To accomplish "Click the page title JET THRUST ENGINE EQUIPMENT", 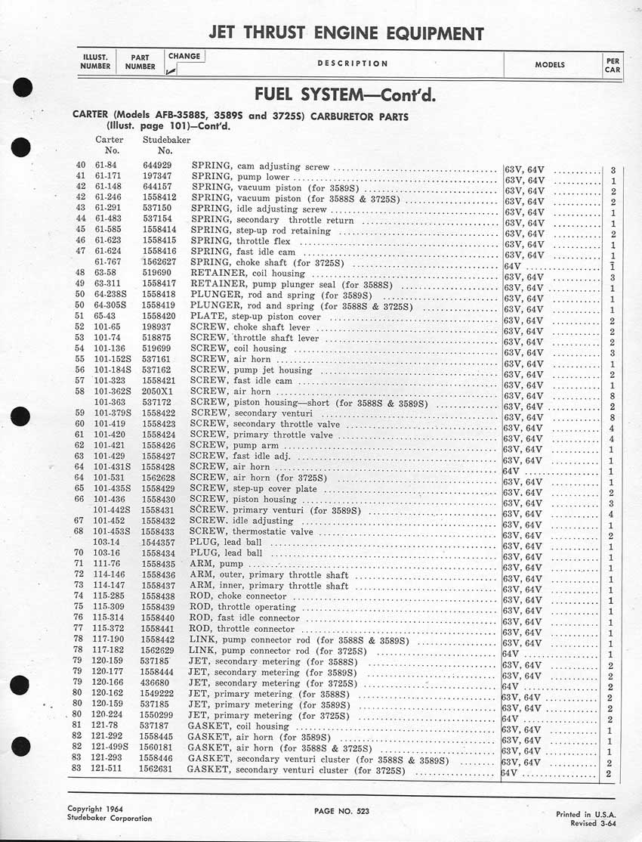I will [345, 33].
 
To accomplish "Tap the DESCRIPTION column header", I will [353, 63].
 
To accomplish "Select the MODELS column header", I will [550, 65].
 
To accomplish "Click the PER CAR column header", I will [613, 64].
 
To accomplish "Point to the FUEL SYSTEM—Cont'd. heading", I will [345, 97].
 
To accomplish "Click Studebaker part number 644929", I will [158, 166].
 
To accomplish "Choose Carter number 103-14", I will [106, 543].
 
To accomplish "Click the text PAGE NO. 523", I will [344, 810].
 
